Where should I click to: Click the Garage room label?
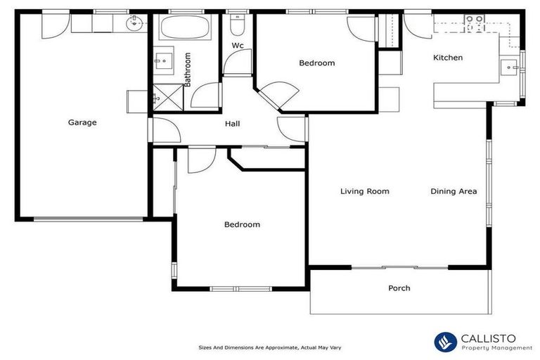click(82, 122)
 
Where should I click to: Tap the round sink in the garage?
click(134, 25)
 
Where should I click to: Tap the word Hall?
click(232, 124)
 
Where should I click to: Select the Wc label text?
click(238, 46)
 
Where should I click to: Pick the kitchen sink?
click(510, 67)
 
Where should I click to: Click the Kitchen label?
click(447, 58)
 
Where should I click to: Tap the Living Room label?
click(364, 191)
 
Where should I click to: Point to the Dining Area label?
click(454, 191)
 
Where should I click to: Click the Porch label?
click(399, 288)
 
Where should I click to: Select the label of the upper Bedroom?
click(316, 63)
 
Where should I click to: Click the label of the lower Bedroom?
click(242, 225)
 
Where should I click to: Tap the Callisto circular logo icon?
click(446, 342)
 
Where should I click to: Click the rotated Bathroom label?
click(188, 69)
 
